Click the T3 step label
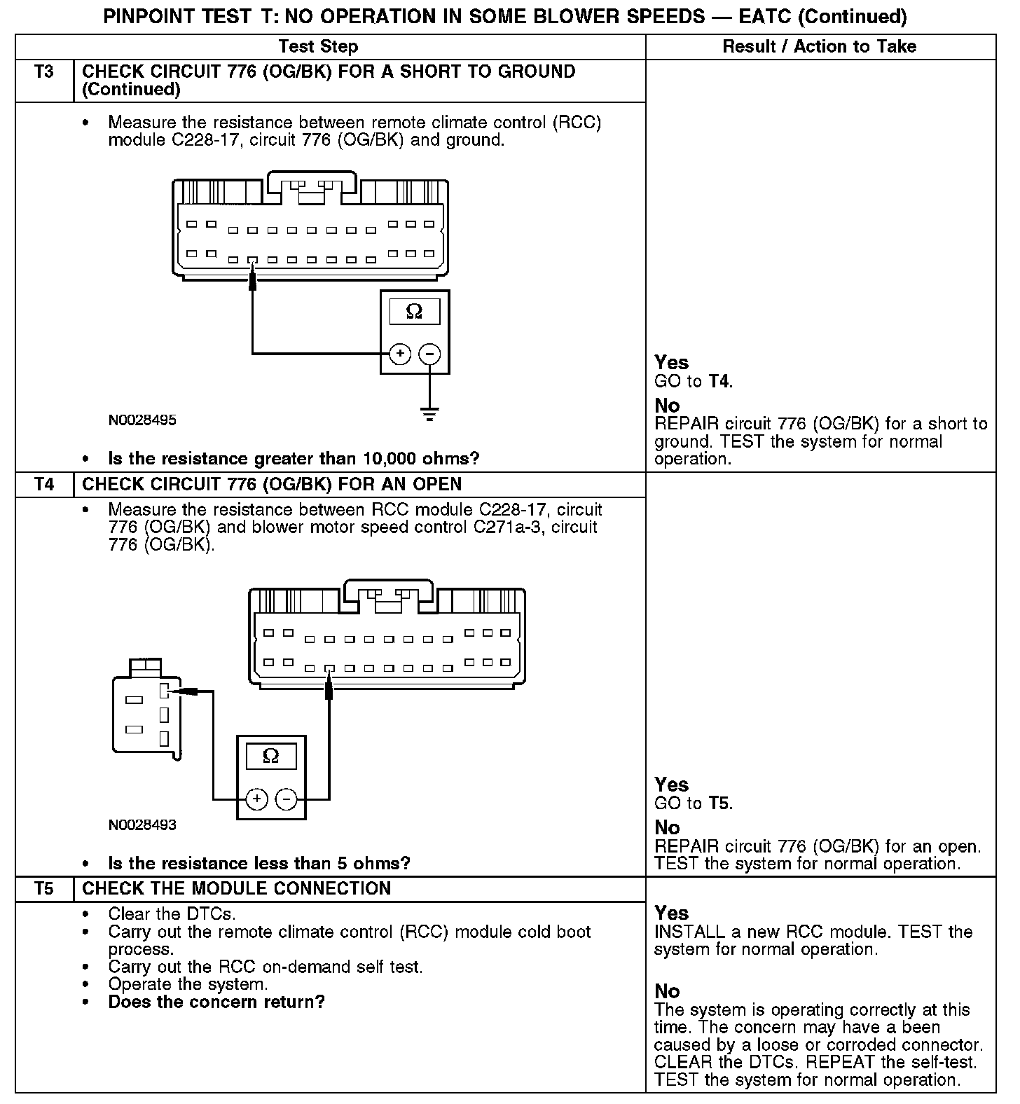[43, 72]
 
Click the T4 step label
[43, 485]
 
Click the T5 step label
[43, 889]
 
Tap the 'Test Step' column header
[318, 47]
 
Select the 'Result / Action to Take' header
[819, 47]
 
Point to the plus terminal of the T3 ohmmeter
[399, 354]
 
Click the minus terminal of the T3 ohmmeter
[429, 354]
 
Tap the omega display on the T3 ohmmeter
[415, 311]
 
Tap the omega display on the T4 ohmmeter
[270, 756]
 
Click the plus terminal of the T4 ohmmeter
[256, 799]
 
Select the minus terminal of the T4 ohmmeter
[286, 799]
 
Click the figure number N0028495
[142, 421]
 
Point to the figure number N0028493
[142, 825]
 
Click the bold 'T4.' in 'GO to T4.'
[720, 382]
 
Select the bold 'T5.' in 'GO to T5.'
[720, 803]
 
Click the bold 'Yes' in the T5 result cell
[672, 913]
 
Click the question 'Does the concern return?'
[216, 1002]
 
